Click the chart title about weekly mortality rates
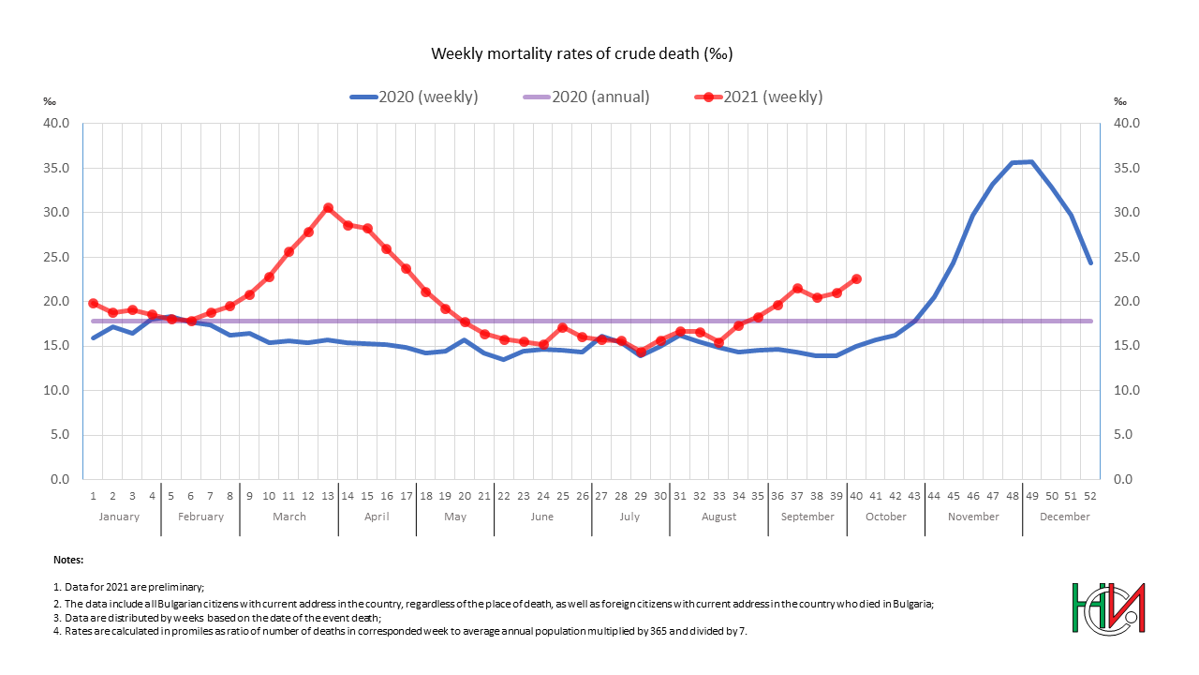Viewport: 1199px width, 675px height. coord(581,53)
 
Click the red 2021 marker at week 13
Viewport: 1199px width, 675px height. coord(328,208)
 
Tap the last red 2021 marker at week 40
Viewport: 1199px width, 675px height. coord(856,279)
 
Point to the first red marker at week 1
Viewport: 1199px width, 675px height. coord(93,304)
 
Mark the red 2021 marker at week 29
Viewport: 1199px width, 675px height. coord(641,352)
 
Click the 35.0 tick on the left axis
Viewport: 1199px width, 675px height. coord(57,168)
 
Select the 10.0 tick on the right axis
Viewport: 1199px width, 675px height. coord(1124,390)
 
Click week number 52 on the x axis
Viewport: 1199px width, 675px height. coord(1089,496)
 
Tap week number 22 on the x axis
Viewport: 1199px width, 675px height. coord(504,496)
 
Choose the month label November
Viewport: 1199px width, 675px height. coord(973,517)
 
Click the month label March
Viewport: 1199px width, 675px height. coord(289,517)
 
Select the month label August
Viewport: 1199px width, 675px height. coord(718,517)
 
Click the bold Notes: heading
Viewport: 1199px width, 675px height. coord(68,560)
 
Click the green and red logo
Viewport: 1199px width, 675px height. coord(1108,607)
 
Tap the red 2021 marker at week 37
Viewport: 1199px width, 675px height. coord(797,289)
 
